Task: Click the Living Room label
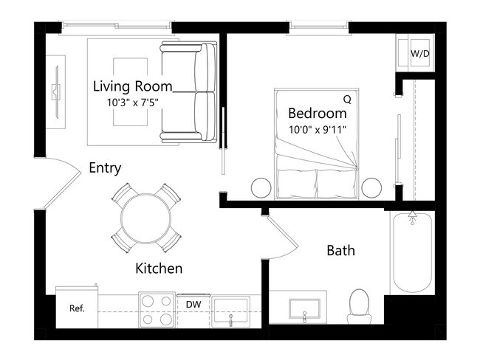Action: point(132,86)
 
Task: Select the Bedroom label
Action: point(317,114)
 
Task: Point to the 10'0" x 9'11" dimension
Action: point(317,129)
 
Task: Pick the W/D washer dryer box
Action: point(419,53)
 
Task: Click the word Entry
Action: point(105,168)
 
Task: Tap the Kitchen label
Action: point(159,269)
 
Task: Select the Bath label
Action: point(340,251)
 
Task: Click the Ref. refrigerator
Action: point(77,308)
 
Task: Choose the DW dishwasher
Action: point(193,304)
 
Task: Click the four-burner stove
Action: point(156,311)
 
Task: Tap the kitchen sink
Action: point(232,311)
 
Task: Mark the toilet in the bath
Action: point(359,305)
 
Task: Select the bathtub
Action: point(413,252)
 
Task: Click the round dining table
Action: point(146,218)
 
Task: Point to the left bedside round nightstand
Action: point(262,187)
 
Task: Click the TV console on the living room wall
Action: point(55,92)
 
